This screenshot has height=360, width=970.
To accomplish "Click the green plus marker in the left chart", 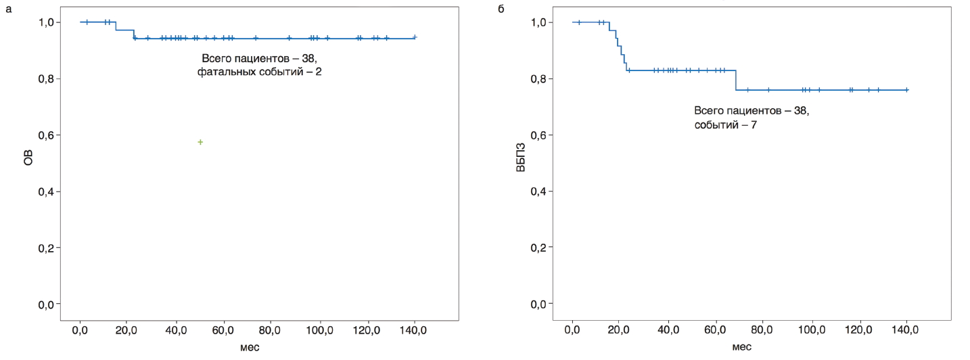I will [200, 142].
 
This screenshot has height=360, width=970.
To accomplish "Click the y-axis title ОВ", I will [28, 163].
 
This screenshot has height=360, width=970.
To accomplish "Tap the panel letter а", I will [8, 9].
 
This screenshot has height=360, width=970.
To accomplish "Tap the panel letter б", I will [501, 9].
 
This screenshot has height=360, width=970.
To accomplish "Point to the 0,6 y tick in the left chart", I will [45, 135].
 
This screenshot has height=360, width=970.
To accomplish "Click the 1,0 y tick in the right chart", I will [538, 22].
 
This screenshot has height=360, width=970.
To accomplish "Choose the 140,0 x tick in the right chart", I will [906, 331].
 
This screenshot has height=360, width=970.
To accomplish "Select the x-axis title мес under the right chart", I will [740, 347].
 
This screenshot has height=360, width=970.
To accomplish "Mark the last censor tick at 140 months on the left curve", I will [415, 37].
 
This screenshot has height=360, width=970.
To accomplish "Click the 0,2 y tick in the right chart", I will [538, 248].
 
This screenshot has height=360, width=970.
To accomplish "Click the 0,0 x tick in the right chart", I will [572, 331].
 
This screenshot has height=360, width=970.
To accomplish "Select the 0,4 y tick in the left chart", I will [45, 192].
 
